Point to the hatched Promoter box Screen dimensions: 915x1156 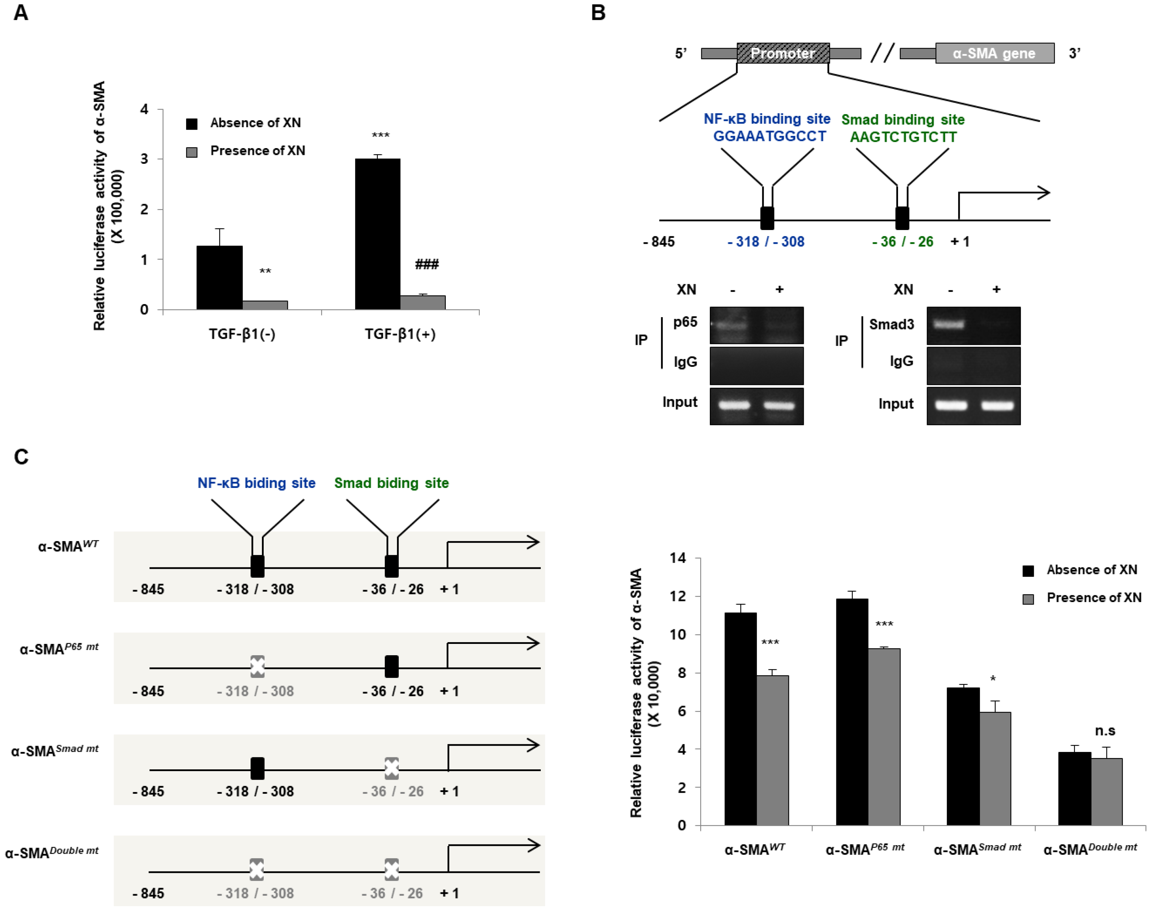[782, 53]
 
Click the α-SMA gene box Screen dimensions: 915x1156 [994, 54]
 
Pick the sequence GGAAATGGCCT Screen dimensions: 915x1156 [769, 136]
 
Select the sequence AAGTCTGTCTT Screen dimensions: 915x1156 [903, 137]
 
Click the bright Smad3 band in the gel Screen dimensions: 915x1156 [949, 324]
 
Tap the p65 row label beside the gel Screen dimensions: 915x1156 [685, 322]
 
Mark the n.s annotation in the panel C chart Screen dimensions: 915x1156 [1105, 731]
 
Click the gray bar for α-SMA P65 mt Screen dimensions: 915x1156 [884, 737]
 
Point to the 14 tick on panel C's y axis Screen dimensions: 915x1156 [677, 558]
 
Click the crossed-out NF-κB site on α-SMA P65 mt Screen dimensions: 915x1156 [257, 667]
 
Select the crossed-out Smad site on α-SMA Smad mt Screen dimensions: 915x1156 [392, 768]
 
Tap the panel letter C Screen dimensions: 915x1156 [21, 457]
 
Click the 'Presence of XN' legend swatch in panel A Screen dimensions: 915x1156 [192, 152]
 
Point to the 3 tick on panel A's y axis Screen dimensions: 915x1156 [144, 159]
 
